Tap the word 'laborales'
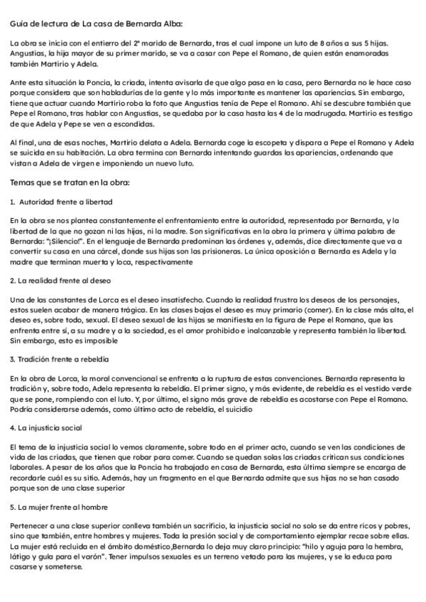pos(28,468)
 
